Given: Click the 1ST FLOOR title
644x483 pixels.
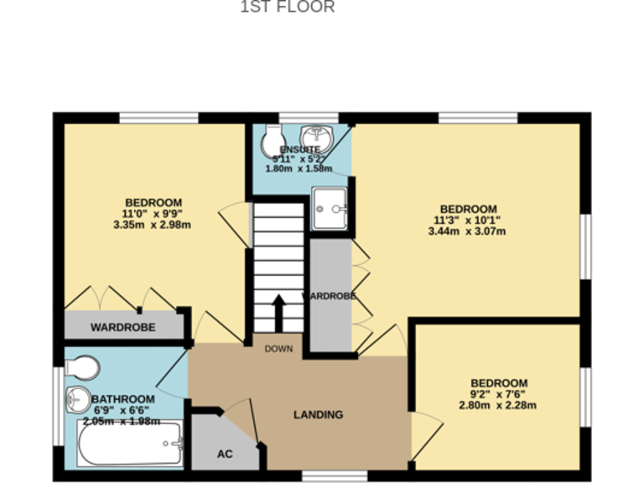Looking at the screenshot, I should click(x=288, y=8).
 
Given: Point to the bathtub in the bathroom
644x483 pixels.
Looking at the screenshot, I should click(x=130, y=444).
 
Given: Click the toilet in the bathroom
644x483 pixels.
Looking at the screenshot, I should click(x=83, y=367).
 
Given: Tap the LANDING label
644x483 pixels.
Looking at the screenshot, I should click(x=318, y=414).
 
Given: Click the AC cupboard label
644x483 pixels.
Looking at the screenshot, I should click(x=225, y=454).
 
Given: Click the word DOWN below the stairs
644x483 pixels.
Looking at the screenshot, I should click(x=278, y=349).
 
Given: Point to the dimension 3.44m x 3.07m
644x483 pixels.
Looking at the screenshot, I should click(x=468, y=232).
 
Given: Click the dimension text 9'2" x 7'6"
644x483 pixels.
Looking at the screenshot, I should click(x=498, y=394).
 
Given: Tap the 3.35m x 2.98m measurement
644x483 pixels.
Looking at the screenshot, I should click(x=153, y=225).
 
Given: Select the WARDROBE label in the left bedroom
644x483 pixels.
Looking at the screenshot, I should click(x=122, y=327).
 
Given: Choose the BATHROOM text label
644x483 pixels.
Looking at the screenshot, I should click(x=123, y=399).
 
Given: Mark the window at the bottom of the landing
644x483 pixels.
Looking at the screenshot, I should click(x=335, y=476).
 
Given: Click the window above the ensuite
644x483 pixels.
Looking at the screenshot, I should click(x=309, y=117).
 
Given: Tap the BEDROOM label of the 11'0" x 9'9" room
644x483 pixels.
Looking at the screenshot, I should click(x=153, y=202).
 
